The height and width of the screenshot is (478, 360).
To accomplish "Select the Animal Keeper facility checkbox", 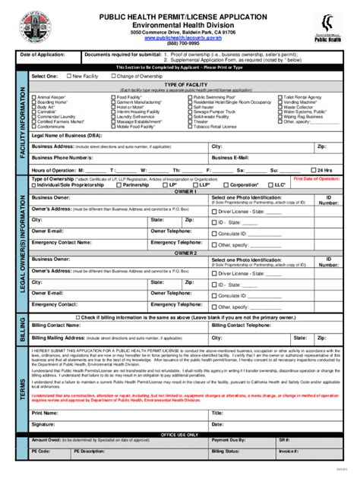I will click(x=33, y=98).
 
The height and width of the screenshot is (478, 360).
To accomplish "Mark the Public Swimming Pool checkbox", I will click(x=191, y=98).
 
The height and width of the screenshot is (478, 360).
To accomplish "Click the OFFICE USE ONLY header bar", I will click(x=180, y=434).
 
